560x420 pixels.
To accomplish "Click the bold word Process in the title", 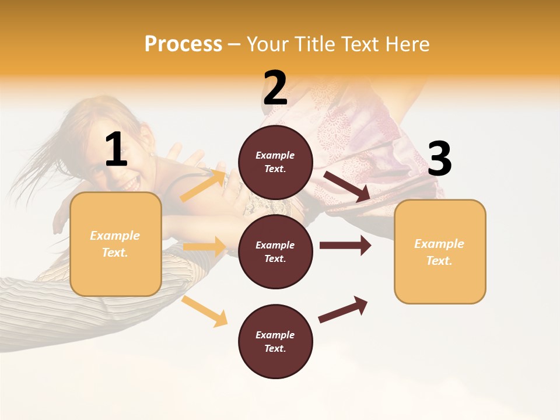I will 183,44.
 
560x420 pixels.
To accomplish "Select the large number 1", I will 116,150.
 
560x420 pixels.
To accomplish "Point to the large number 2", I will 275,88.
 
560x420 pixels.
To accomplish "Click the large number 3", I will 439,159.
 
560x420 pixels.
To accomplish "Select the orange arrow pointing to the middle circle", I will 204,246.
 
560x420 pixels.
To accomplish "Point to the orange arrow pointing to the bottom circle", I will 205,311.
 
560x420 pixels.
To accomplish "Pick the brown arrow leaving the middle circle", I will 345,246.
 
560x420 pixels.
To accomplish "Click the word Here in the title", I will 408,44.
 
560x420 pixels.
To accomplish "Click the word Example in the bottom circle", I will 275,335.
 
